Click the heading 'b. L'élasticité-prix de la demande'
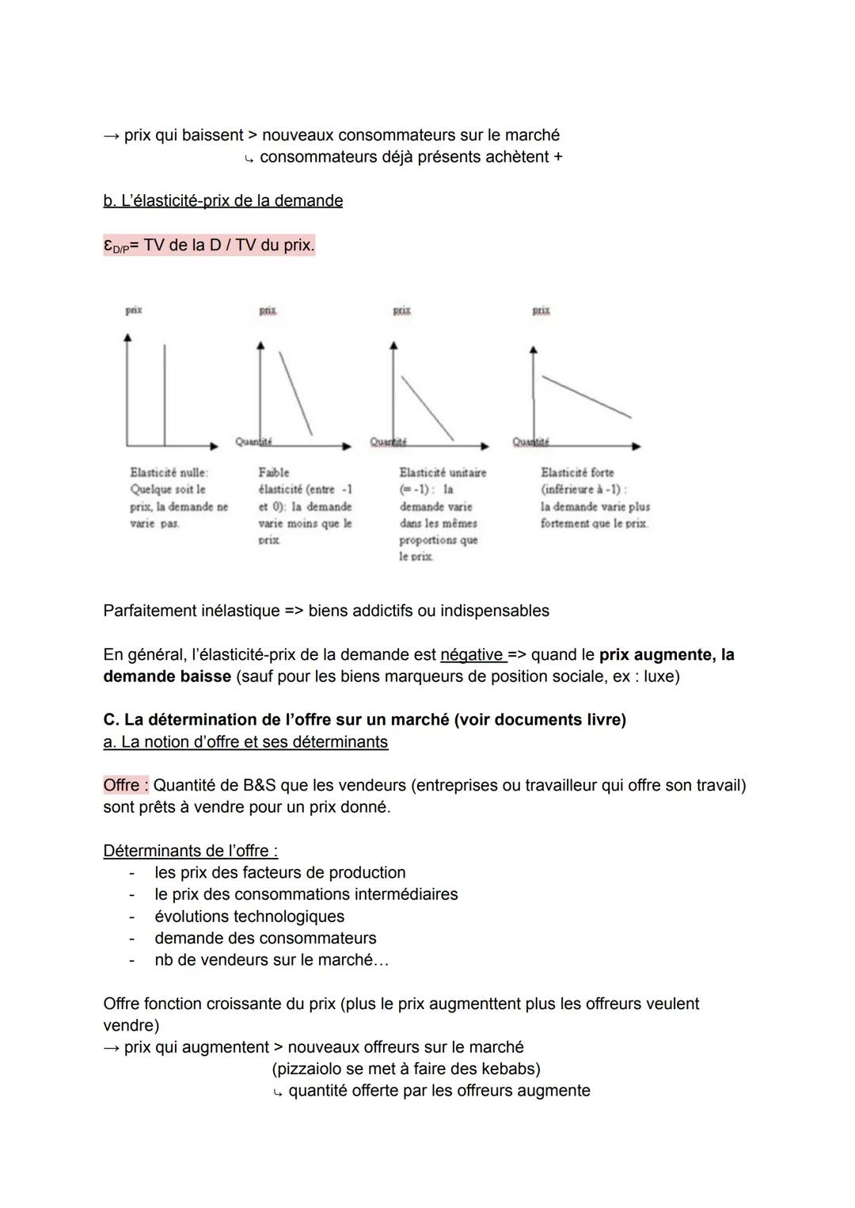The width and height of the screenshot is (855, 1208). pyautogui.click(x=222, y=200)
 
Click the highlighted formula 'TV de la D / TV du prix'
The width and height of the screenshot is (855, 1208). pyautogui.click(x=228, y=246)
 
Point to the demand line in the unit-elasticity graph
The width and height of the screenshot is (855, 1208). pyautogui.click(x=427, y=408)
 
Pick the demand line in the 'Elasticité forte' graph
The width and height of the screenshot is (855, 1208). pyautogui.click(x=586, y=396)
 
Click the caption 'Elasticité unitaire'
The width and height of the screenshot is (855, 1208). pyautogui.click(x=443, y=473)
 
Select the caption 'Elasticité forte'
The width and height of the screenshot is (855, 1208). pyautogui.click(x=577, y=473)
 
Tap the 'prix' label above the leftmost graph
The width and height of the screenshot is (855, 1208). pyautogui.click(x=134, y=311)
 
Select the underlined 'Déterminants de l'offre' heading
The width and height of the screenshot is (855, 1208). pyautogui.click(x=190, y=851)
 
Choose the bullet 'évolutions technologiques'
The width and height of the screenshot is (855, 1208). pyautogui.click(x=249, y=916)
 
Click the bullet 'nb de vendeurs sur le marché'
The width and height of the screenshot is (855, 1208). pyautogui.click(x=271, y=960)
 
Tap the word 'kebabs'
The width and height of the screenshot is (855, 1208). pyautogui.click(x=507, y=1069)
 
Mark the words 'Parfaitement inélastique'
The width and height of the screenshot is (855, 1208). pyautogui.click(x=191, y=611)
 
